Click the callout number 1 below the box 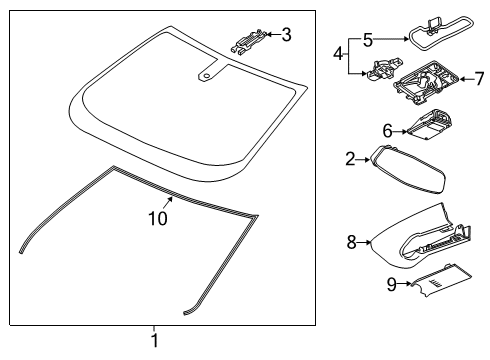[x=153, y=340]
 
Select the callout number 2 [x=350, y=157]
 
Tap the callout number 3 [x=286, y=36]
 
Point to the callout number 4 [x=338, y=52]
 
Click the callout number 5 [x=367, y=40]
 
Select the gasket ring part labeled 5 [x=431, y=38]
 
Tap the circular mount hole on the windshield [x=207, y=73]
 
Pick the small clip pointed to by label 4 [x=381, y=70]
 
